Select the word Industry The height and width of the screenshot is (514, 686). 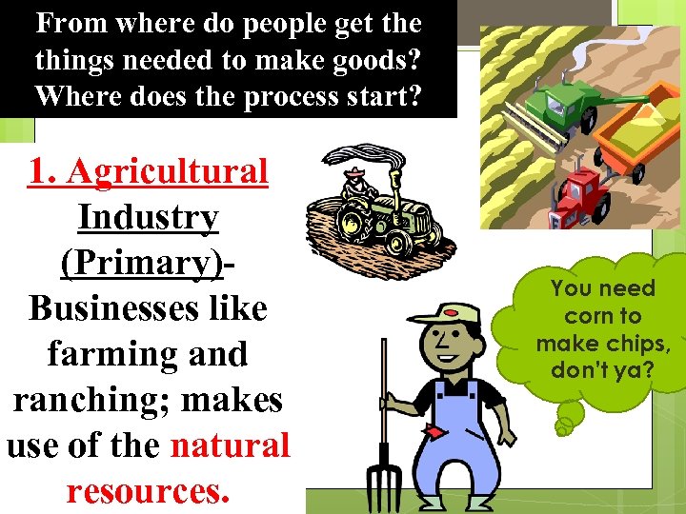(x=148, y=218)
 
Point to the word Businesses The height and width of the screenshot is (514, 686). (x=148, y=308)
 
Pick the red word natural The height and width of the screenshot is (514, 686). (x=231, y=445)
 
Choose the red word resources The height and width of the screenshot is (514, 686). (x=148, y=490)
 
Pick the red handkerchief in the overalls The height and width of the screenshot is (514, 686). (x=434, y=432)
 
